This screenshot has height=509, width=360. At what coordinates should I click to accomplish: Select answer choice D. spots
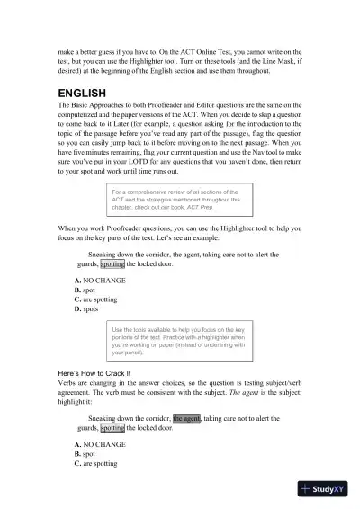tap(86, 308)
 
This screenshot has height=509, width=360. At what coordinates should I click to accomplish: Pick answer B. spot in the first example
tap(85, 290)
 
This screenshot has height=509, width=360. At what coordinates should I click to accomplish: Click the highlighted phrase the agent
tap(186, 418)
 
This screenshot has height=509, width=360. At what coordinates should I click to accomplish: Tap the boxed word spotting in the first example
tap(112, 265)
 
